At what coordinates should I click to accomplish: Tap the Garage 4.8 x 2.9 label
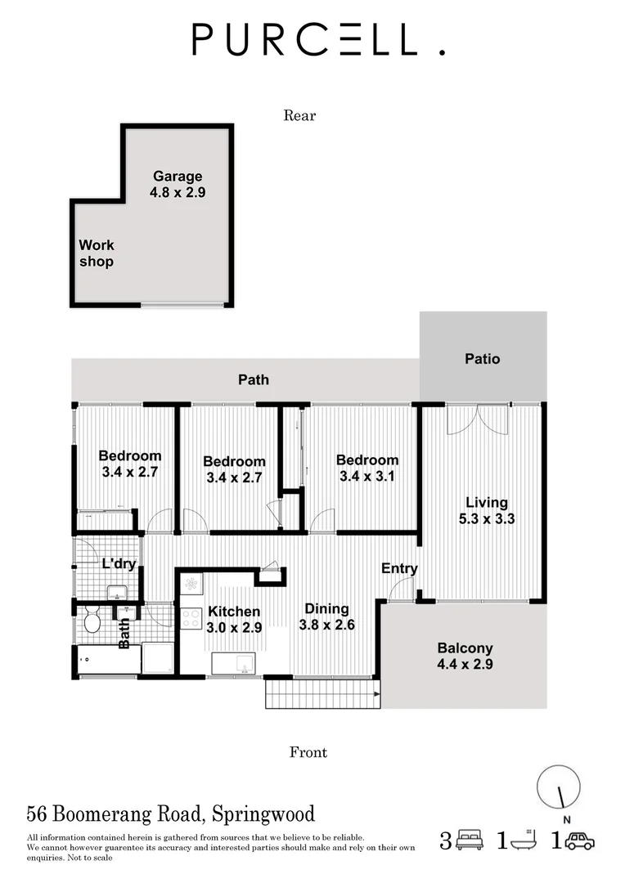point(177,184)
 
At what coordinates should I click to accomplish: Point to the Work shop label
point(96,253)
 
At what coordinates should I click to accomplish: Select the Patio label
point(482,358)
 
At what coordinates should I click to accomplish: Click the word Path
point(253,379)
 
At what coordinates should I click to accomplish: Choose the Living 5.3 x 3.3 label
point(487,510)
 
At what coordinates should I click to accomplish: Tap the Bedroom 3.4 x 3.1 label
point(367,468)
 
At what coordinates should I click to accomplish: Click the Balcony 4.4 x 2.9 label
point(464,656)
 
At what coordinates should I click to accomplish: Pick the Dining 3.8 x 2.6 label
point(326,616)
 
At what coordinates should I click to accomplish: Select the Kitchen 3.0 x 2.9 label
point(234,620)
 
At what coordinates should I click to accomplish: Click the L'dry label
point(118,563)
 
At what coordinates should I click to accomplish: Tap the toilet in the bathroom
point(92,623)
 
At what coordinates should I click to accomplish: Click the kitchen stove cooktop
point(191,618)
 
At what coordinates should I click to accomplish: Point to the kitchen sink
point(237,662)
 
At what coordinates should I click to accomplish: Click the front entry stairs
point(320,694)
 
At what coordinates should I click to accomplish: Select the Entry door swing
point(400,589)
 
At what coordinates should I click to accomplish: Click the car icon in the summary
point(580,841)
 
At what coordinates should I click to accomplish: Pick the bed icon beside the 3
point(469,841)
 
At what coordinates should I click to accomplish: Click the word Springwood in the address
point(263,814)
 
